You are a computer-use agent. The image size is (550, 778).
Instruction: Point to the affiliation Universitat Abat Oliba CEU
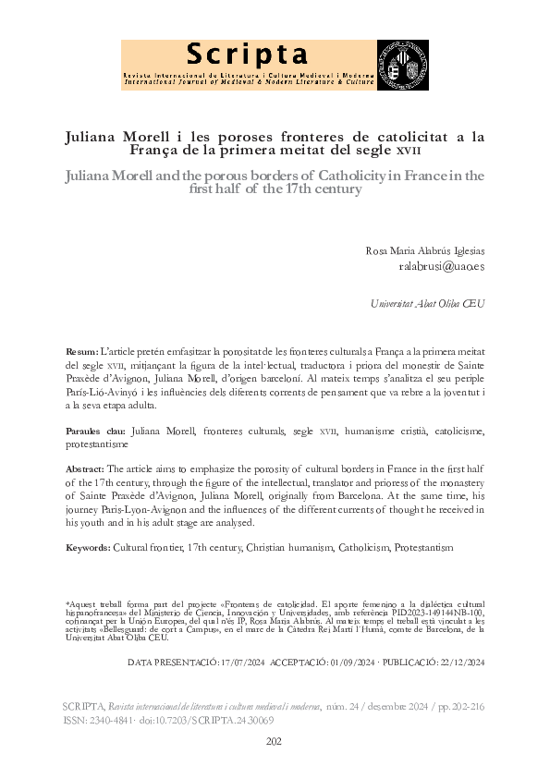[427, 304]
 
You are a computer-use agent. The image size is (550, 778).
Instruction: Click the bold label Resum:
[82, 352]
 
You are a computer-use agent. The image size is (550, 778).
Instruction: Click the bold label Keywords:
[88, 548]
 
